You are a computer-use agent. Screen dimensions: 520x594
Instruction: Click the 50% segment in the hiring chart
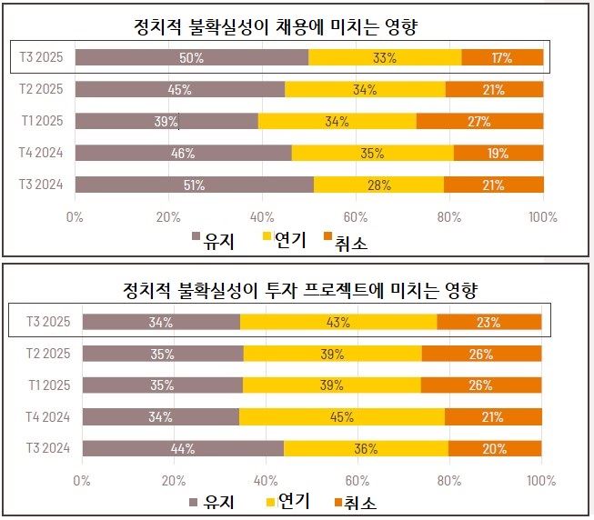click(192, 57)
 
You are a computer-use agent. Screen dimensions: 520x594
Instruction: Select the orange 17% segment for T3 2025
click(502, 57)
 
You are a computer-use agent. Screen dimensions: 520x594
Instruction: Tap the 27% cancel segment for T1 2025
click(479, 121)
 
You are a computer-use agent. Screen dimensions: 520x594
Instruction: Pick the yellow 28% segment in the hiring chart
click(378, 185)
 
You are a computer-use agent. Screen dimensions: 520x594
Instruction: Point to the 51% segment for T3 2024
click(194, 185)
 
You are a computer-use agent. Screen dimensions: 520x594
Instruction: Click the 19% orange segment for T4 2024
click(499, 153)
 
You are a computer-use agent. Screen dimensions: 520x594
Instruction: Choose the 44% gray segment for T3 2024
click(183, 448)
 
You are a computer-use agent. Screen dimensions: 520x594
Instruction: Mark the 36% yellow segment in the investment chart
click(366, 448)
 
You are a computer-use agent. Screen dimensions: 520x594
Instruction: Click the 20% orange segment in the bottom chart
click(495, 448)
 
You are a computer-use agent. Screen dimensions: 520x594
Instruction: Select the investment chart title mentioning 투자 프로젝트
click(300, 290)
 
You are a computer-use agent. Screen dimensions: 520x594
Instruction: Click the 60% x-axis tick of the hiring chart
click(356, 215)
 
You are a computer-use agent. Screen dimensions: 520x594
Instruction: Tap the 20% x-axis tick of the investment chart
click(175, 479)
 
